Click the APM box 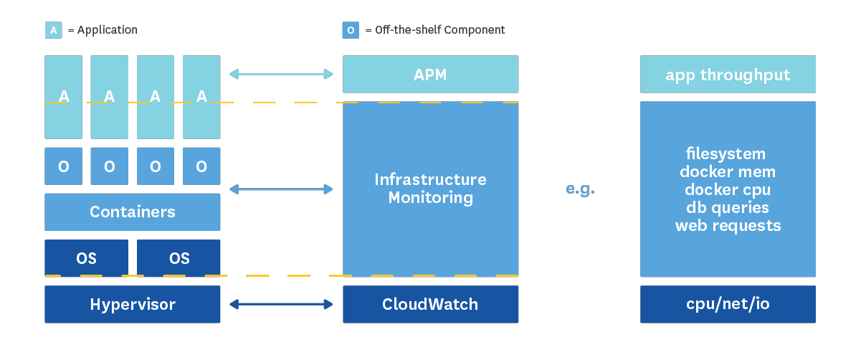click(x=430, y=75)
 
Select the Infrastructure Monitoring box click(x=430, y=189)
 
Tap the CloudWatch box click(x=430, y=304)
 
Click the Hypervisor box click(x=133, y=304)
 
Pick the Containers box click(x=133, y=212)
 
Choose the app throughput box click(x=728, y=75)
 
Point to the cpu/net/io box click(x=728, y=304)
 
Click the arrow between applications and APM click(x=281, y=74)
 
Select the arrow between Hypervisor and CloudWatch click(x=281, y=304)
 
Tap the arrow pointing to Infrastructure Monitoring click(x=281, y=189)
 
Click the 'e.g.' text click(x=580, y=189)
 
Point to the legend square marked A click(x=53, y=30)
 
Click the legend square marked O click(x=351, y=30)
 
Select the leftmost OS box click(x=87, y=258)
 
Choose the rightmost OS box click(x=179, y=258)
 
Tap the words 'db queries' click(x=728, y=208)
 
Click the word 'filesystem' click(x=726, y=154)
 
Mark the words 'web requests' click(x=728, y=226)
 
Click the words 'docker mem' click(x=728, y=172)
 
